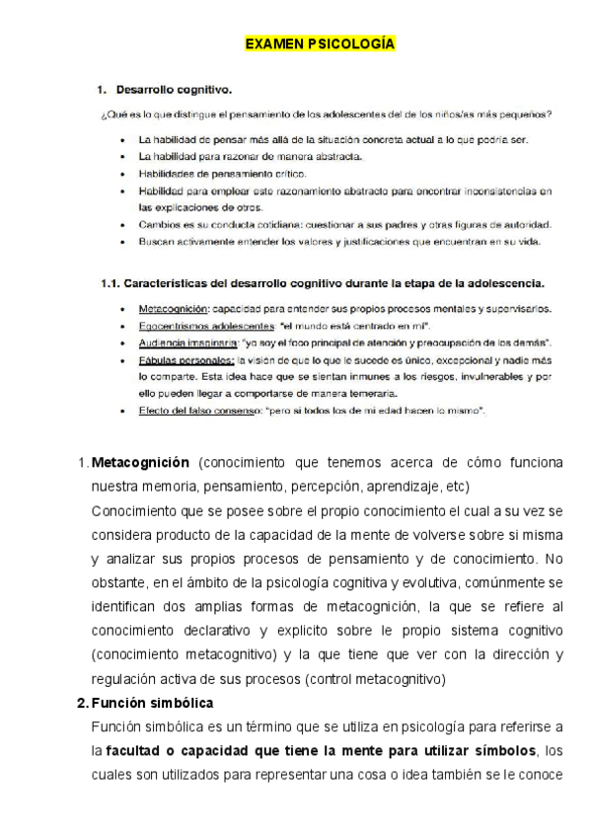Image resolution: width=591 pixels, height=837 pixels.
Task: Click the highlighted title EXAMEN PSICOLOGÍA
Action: pyautogui.click(x=319, y=44)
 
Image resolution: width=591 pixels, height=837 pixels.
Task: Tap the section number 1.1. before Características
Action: pyautogui.click(x=109, y=282)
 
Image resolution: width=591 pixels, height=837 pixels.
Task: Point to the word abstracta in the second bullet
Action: pyautogui.click(x=336, y=157)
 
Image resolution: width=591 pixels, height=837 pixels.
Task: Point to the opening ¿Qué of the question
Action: pyautogui.click(x=110, y=114)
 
